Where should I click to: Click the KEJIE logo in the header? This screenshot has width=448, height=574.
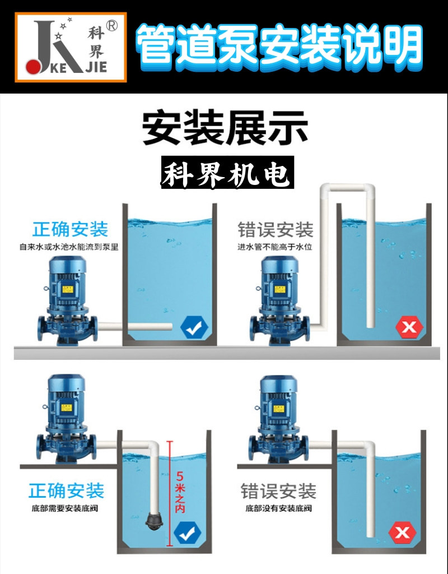[71, 47]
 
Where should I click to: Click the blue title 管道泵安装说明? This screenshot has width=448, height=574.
[278, 45]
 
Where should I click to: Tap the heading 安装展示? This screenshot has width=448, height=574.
[225, 127]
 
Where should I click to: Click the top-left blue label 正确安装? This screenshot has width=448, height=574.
[70, 229]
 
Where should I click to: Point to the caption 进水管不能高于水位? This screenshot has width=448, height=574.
[273, 246]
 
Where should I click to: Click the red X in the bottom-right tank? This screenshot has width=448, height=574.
[402, 533]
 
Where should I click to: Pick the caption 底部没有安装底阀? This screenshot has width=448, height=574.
[278, 509]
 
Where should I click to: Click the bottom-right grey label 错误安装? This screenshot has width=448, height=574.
[278, 491]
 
